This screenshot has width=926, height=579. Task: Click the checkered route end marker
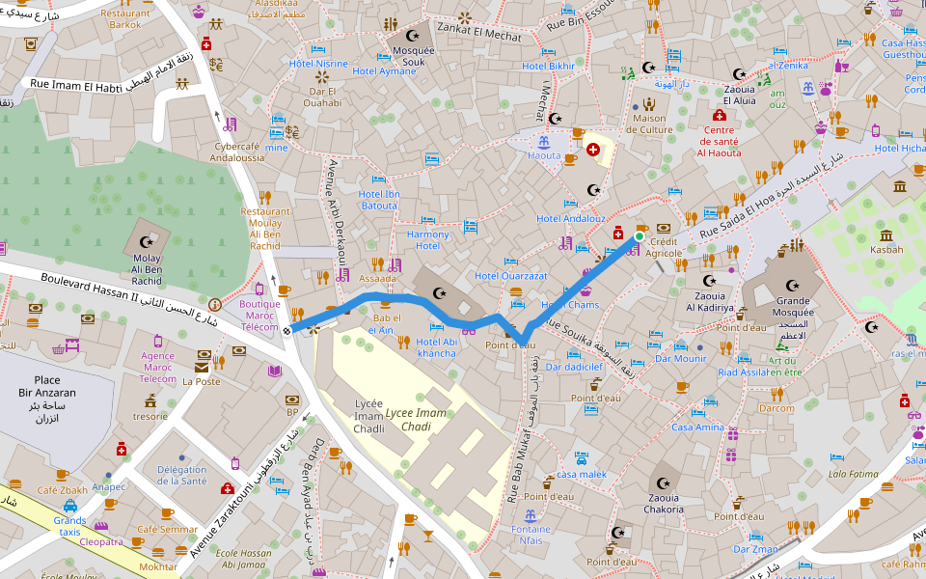(287, 331)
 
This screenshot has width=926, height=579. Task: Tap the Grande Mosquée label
(794, 307)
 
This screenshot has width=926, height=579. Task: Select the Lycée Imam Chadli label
(368, 416)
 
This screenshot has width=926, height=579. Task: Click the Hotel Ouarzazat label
(510, 276)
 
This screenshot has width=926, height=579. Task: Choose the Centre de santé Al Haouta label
(720, 141)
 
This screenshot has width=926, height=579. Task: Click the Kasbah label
(886, 249)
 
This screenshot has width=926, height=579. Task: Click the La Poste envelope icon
(202, 368)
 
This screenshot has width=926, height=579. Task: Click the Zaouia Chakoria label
(664, 504)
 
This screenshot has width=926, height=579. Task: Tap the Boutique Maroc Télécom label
(259, 316)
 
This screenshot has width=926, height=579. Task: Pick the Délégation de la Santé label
(181, 475)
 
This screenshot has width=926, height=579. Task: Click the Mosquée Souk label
(413, 56)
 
